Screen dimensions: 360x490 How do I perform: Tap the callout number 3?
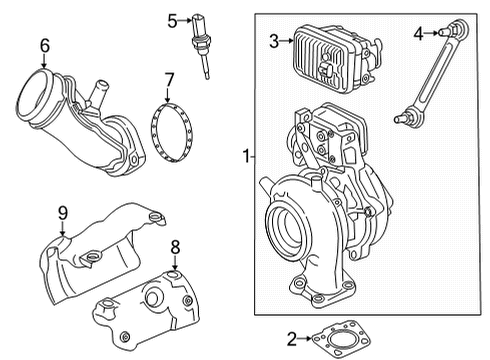273,40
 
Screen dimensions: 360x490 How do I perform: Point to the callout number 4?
418,33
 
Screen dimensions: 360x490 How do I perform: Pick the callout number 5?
172,19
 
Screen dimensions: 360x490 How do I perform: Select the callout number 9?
61,212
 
